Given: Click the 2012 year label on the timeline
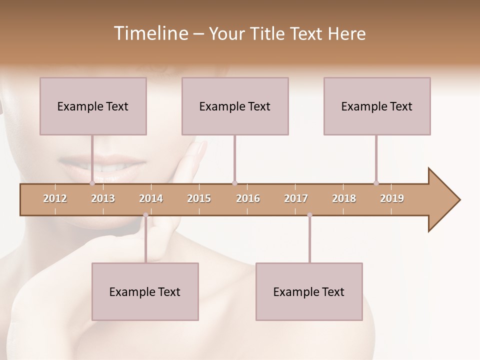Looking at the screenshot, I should tap(55, 198).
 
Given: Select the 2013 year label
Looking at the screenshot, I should tap(103, 198).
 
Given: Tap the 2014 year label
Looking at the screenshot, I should tap(151, 198).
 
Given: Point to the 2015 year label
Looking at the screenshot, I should tap(199, 198).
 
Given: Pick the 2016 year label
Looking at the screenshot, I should tap(248, 198).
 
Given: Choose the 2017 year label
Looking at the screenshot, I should tap(296, 198).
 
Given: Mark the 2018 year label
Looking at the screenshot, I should tap(344, 198).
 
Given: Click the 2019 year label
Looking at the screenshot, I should tap(392, 198).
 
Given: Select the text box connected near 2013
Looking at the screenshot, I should tap(93, 106).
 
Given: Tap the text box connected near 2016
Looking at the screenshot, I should tap(235, 106).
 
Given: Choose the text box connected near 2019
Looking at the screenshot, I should tap(377, 106).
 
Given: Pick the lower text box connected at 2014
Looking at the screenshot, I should tap(145, 291).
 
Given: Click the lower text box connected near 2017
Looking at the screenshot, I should tap(309, 291).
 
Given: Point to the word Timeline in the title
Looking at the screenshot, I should tap(150, 33).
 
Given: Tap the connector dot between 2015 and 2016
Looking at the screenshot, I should tap(234, 183).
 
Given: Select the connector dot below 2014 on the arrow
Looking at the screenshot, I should tap(145, 215).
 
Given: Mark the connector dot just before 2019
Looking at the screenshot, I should tap(376, 183).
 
